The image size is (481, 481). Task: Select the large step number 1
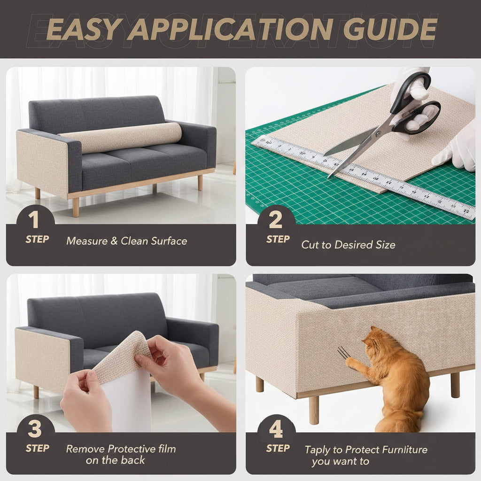(33, 219)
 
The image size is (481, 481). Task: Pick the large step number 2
(275, 220)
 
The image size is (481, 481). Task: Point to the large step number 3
(35, 428)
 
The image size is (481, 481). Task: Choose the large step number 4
(276, 429)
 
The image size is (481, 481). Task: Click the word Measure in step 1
(87, 241)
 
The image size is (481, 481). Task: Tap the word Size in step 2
(385, 245)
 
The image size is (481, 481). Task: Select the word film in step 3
(167, 449)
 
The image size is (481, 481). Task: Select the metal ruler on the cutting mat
(363, 177)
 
